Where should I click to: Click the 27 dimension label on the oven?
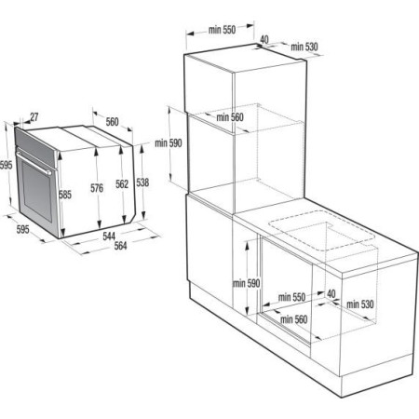pos(34,117)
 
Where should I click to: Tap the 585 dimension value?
pos(64,195)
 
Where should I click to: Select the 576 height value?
pos(96,189)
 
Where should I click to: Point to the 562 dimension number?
pos(120,184)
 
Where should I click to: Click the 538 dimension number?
pos(142,182)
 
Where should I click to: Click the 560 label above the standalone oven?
pos(112,121)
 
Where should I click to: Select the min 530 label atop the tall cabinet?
pos(305,46)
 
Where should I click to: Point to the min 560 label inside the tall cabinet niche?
pos(229,117)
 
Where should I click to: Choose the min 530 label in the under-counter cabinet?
pos(360,304)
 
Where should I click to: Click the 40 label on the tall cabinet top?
pos(264,39)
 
